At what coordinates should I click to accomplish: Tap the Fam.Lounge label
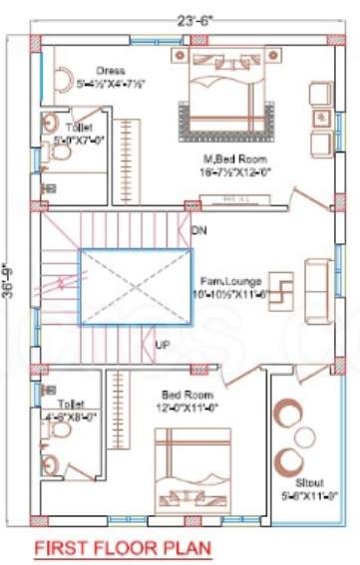[x=229, y=290]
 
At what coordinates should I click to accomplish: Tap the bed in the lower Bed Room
[x=192, y=469]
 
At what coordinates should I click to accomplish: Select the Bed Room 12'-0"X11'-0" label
[x=169, y=402]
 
